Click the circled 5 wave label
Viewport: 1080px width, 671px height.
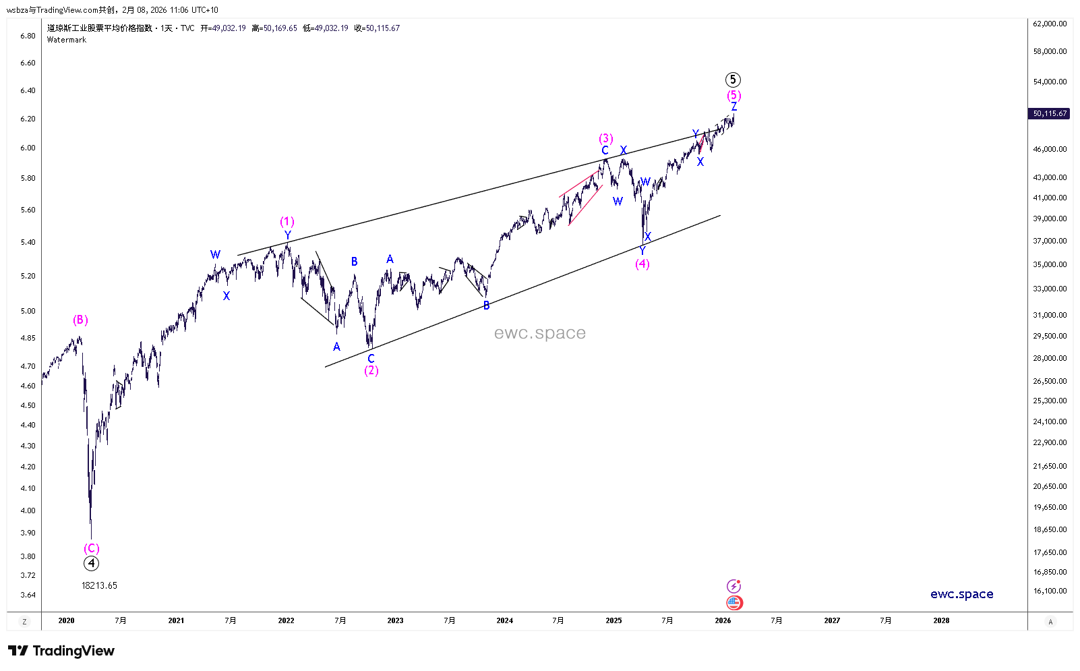(733, 80)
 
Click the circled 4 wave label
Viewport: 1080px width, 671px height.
(91, 563)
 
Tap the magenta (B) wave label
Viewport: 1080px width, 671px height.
(80, 320)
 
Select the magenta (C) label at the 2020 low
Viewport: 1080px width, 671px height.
(91, 548)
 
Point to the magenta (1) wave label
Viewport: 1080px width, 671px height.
(287, 221)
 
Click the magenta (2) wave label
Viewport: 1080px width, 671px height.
(371, 370)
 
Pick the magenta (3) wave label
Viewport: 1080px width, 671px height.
(606, 138)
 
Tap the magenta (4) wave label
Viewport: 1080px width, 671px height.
(642, 264)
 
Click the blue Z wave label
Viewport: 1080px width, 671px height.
(734, 107)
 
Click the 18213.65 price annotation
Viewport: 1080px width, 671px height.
(99, 585)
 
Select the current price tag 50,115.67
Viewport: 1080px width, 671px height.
(1050, 113)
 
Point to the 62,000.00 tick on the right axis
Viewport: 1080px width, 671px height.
(1050, 24)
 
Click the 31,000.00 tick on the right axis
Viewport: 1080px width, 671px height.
(1050, 315)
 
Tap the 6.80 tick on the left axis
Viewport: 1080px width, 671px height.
(28, 36)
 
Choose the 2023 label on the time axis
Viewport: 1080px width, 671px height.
(395, 620)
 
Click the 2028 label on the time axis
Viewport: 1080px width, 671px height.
(941, 620)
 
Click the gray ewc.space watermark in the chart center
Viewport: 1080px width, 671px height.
(539, 332)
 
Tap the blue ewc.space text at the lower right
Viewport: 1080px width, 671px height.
(961, 594)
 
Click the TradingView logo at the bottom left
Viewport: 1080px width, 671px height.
(61, 651)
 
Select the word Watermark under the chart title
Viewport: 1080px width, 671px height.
(67, 40)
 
